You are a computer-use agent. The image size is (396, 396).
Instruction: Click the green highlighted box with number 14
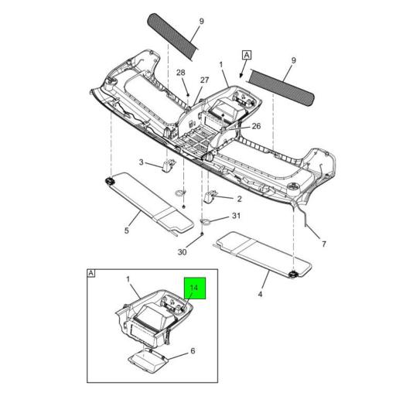pos(195,288)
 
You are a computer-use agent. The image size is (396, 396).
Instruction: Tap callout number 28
pos(181,73)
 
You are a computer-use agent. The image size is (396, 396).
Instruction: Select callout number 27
pos(204,80)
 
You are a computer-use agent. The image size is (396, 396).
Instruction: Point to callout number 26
pos(256,126)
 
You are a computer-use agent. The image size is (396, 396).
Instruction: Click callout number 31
pos(236,215)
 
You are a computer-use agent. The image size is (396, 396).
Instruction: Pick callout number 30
pos(182,252)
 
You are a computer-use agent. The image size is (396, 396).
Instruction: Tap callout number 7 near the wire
pos(324,244)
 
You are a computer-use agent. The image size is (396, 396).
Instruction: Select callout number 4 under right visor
pos(260,294)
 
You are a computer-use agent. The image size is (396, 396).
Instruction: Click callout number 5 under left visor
pos(127,230)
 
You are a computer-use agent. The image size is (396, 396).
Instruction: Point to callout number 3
pos(142,162)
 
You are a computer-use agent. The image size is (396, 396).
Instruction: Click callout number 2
pos(240,199)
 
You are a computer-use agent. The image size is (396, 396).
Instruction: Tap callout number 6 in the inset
pos(193,350)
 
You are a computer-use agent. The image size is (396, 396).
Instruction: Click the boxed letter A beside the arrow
pos(247,55)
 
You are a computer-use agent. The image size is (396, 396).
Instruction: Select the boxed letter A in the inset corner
pos(91,273)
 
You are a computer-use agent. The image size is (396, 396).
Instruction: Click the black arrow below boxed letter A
pos(242,71)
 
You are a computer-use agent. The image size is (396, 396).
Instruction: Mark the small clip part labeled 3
pos(169,165)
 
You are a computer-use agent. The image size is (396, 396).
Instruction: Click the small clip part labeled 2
pos(210,196)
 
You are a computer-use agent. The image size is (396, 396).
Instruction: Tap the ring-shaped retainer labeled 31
pos(205,221)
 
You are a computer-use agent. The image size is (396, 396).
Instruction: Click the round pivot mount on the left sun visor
pos(110,181)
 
